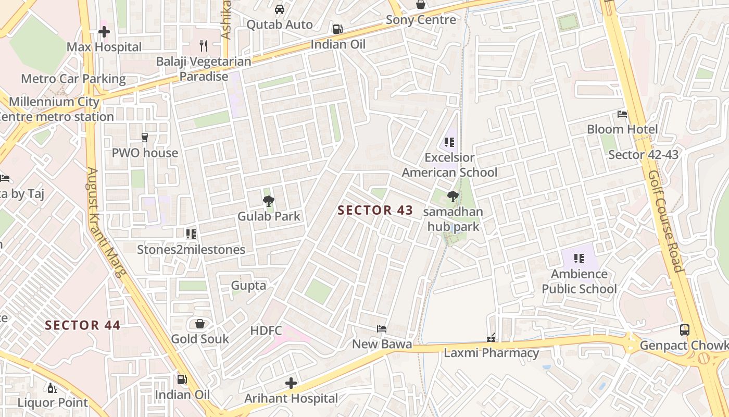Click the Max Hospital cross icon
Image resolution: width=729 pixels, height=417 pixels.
tap(104, 32)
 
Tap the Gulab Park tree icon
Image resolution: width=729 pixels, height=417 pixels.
tap(269, 201)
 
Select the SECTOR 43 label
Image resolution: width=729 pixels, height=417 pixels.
tap(375, 211)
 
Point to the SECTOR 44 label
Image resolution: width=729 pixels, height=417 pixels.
tap(82, 326)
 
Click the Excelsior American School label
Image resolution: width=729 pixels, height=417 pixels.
tap(450, 165)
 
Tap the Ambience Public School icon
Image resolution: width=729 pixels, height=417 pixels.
tap(579, 259)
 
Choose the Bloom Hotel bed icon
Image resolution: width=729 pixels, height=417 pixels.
tap(622, 114)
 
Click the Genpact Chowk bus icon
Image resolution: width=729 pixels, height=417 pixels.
tap(684, 330)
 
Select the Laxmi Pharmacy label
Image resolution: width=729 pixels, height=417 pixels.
tap(491, 353)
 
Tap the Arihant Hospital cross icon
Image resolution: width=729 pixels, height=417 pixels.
tap(291, 384)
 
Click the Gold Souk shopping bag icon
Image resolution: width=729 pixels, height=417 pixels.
tap(200, 324)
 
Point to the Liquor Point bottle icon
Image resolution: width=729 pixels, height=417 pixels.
tap(53, 388)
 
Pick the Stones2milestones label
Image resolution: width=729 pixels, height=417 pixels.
tap(191, 250)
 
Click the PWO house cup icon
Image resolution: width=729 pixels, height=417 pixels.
tap(145, 138)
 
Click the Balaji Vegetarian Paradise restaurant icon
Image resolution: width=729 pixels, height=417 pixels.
tap(204, 46)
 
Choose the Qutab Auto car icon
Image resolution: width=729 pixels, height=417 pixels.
tap(280, 9)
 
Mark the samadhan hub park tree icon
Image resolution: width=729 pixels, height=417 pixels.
tap(453, 197)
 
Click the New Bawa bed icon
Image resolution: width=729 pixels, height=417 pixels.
tap(382, 329)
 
